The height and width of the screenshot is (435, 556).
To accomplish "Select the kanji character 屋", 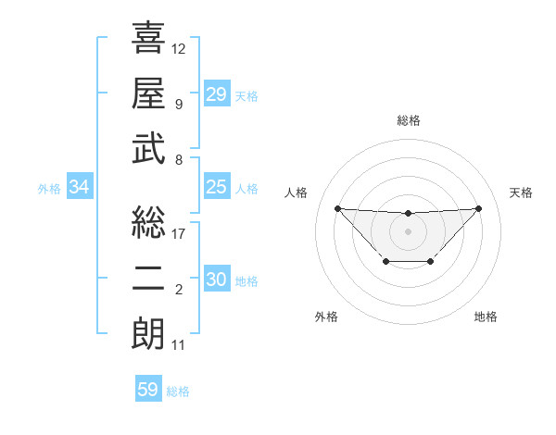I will (148, 93).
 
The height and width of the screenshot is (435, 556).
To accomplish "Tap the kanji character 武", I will (148, 148).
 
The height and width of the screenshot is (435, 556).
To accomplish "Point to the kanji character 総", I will (148, 222).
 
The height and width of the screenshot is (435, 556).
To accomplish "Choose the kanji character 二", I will (148, 279).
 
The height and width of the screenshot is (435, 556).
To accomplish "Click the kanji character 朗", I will (148, 334).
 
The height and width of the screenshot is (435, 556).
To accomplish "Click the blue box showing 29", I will (217, 93).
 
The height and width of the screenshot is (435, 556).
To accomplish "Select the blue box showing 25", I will (217, 187).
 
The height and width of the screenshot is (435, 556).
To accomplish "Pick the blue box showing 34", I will (80, 187).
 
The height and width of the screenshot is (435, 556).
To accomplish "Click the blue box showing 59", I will (148, 390).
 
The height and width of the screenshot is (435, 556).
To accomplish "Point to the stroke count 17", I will (179, 233).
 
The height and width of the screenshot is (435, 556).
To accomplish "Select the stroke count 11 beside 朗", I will (179, 345).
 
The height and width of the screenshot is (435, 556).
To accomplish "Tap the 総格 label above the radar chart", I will (409, 120).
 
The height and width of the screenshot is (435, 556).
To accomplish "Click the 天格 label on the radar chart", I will (521, 193).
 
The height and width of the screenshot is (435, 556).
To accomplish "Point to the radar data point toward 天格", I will (478, 208).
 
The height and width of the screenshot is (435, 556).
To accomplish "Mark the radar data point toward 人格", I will (337, 208).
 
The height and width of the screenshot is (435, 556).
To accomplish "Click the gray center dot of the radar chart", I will (408, 230).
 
